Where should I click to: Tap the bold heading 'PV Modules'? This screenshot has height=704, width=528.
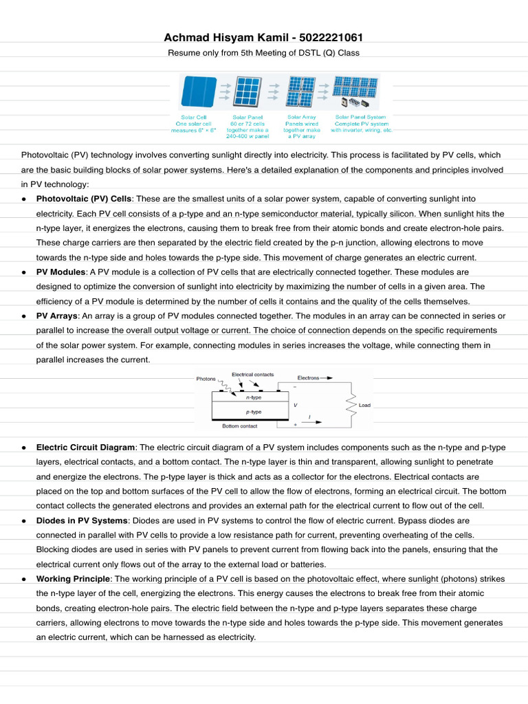coord(60,272)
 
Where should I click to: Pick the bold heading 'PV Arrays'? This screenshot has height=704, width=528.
coord(57,316)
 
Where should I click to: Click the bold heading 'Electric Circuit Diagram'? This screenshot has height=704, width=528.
coord(86,447)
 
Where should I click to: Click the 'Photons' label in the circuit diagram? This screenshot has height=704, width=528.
coord(206,379)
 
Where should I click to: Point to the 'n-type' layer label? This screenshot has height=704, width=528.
coord(253,397)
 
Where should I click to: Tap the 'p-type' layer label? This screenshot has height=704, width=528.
coord(253,411)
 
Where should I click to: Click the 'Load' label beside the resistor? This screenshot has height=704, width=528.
coord(364,405)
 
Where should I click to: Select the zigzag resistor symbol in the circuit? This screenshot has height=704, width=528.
coord(351,405)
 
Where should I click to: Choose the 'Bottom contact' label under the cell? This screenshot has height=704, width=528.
coord(239,426)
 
